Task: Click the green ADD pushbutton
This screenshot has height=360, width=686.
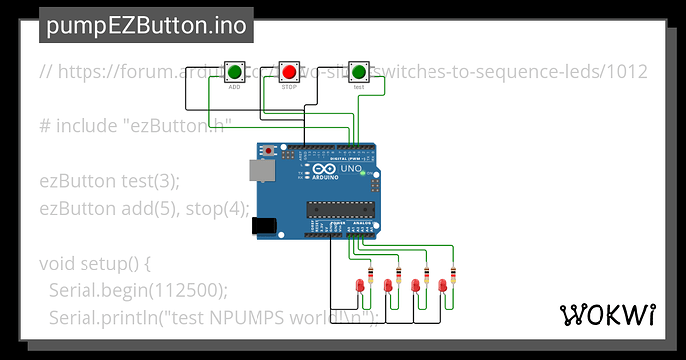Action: (234, 72)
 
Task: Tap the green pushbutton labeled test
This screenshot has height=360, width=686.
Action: (358, 72)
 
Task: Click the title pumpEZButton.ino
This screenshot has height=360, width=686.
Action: (146, 25)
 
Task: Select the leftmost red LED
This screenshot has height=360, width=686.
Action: (359, 287)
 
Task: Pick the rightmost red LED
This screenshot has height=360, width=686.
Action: (443, 287)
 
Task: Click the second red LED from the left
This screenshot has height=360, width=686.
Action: (388, 287)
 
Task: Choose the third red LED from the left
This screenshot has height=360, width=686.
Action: (416, 287)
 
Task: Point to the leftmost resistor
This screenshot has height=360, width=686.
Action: (370, 271)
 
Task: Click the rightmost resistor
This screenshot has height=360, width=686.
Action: (453, 271)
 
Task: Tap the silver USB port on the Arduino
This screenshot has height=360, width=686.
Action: (259, 171)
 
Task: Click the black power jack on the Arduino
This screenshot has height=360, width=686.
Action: (264, 226)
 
